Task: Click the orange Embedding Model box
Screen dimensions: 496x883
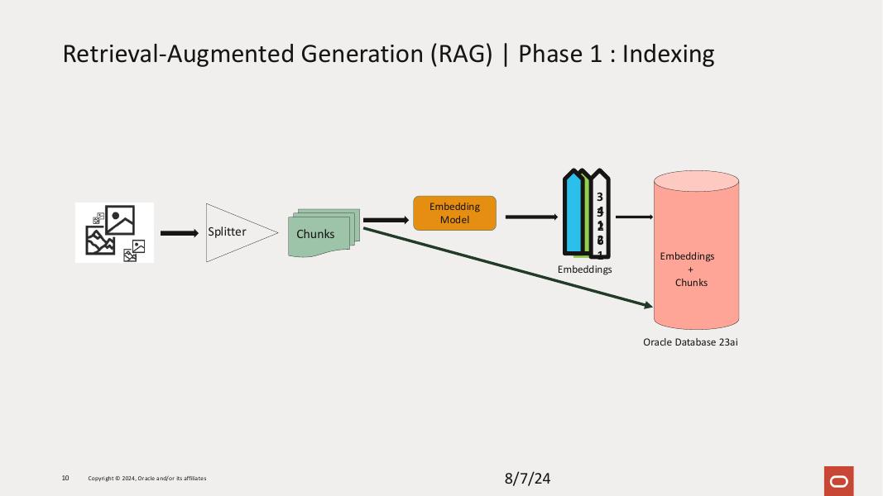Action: coord(454,213)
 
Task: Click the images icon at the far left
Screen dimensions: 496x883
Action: coord(114,232)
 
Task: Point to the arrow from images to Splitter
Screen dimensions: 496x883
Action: coord(179,233)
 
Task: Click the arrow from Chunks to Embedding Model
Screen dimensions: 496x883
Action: coord(386,220)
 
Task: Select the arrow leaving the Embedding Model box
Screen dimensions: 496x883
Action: coord(530,217)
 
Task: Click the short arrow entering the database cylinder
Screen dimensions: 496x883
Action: coord(634,217)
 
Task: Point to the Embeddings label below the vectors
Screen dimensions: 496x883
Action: coord(584,269)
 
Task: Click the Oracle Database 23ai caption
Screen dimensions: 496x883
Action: coord(690,341)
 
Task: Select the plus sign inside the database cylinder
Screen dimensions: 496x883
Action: coord(691,269)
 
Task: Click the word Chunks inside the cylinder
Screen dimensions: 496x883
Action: coord(691,283)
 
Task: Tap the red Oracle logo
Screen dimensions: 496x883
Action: coord(838,480)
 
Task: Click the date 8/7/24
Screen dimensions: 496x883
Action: coord(527,479)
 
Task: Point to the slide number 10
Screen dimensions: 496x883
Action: coord(65,478)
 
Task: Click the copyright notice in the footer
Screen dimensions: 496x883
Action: coord(147,479)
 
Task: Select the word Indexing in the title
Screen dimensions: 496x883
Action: coord(668,54)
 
